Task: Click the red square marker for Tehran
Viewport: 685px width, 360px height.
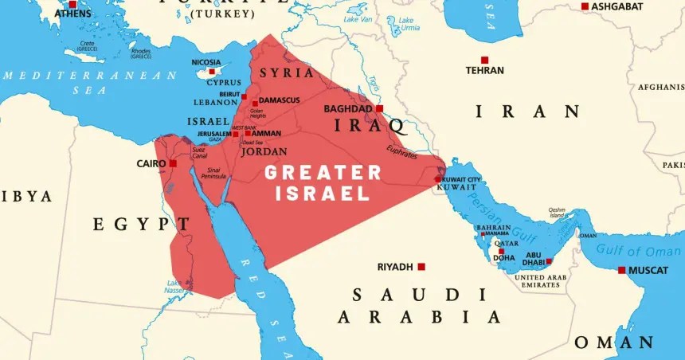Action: [x=484, y=60]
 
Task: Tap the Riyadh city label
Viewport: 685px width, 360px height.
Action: [x=395, y=267]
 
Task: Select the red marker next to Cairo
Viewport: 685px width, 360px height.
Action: [x=173, y=163]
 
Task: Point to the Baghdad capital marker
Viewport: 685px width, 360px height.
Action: [x=379, y=108]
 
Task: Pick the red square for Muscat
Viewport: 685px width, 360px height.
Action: [x=622, y=270]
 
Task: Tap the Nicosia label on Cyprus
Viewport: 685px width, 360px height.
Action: [x=205, y=61]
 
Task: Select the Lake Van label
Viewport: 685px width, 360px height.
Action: [x=357, y=18]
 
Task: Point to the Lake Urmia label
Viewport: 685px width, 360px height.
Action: [x=408, y=23]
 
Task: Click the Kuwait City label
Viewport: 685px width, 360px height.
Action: [x=461, y=178]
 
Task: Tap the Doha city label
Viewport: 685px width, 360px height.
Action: [x=503, y=257]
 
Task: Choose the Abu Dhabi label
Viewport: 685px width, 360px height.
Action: [x=534, y=259]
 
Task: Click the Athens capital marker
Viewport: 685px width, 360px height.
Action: [x=72, y=5]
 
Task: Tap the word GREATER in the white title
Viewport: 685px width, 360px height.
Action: [x=323, y=173]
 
